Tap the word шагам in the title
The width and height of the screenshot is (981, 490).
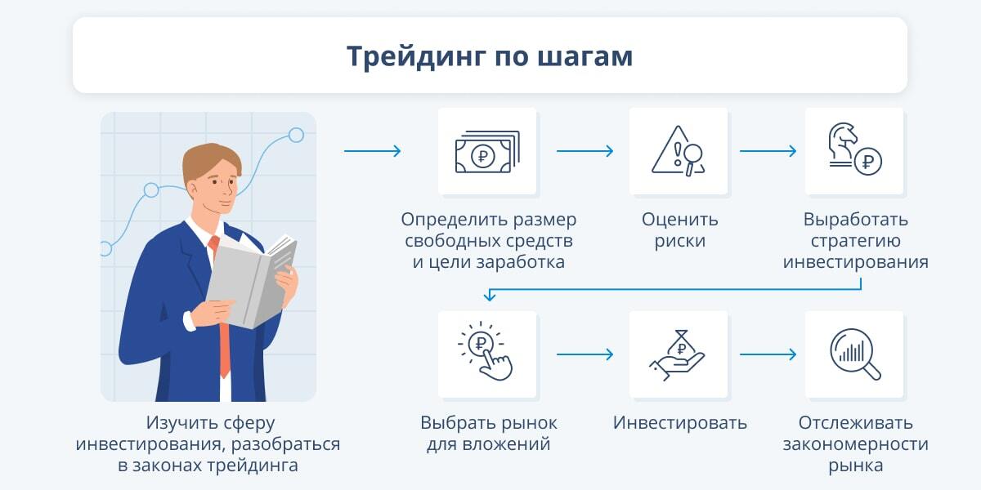point(585,57)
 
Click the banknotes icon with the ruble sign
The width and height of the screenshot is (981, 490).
point(487,151)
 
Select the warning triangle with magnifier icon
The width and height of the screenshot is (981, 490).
point(679,151)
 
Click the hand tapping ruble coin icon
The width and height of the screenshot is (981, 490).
point(486,351)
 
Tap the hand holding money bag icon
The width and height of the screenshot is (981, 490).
point(677,355)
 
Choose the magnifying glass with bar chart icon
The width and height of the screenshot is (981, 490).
point(855,354)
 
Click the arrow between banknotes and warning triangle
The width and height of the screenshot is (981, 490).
point(585,151)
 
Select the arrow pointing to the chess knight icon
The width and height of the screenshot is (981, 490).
point(768,151)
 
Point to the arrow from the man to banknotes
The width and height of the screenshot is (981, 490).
point(372,151)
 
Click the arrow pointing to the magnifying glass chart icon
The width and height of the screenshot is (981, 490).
point(768,354)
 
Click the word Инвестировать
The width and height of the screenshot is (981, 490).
point(679,423)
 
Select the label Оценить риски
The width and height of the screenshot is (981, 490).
point(679,230)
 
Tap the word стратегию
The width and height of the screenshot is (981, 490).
point(855,241)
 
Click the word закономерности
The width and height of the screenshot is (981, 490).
point(855,444)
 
